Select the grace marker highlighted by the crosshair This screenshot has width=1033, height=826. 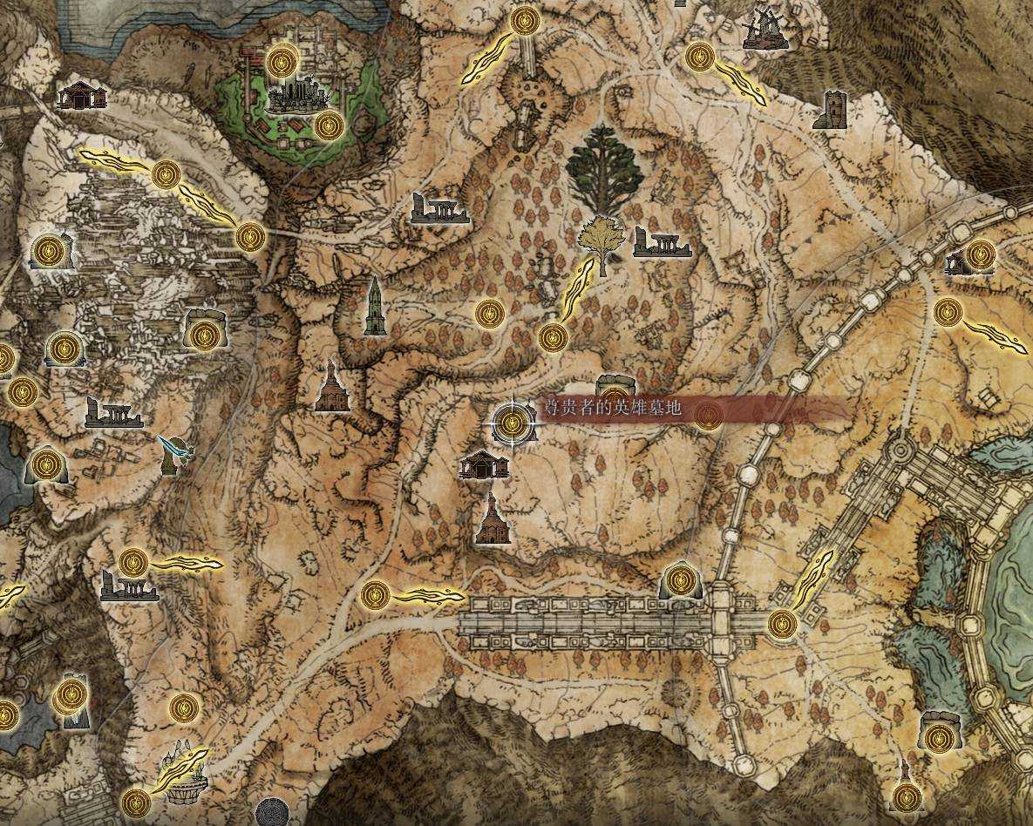click(x=513, y=423)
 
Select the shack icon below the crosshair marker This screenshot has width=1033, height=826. click(x=484, y=464)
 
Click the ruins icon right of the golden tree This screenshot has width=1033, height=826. click(x=662, y=243)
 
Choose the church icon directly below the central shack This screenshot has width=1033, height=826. click(x=493, y=519)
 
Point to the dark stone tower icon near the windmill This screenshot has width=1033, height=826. click(x=832, y=111)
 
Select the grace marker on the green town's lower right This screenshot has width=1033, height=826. click(x=329, y=126)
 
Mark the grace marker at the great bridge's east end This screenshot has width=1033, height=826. click(x=782, y=623)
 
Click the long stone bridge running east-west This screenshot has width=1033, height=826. click(x=601, y=622)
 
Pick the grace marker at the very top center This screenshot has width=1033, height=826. click(x=525, y=21)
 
